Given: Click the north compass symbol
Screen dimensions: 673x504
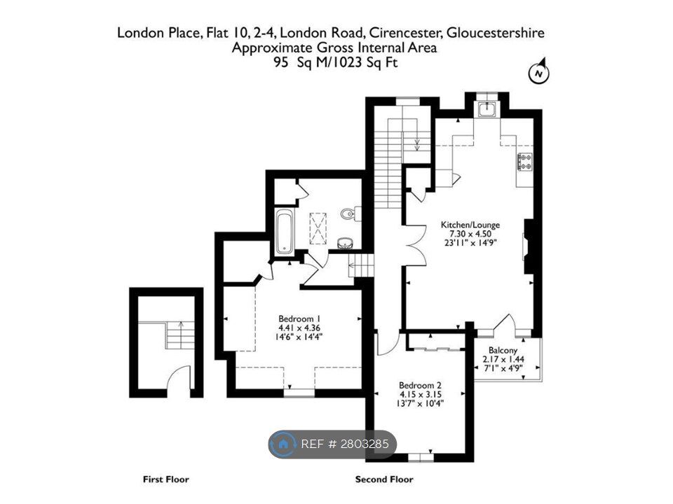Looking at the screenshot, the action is point(539,72).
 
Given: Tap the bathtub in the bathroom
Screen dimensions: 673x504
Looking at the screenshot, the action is point(285,232).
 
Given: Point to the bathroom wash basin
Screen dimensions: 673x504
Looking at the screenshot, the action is point(345,244).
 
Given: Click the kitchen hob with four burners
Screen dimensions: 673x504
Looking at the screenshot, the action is point(525,162).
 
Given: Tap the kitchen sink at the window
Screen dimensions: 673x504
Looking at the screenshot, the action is point(487,109).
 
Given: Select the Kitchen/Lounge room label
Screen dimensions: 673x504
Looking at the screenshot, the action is point(470,225).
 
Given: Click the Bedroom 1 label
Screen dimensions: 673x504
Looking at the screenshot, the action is point(299,319).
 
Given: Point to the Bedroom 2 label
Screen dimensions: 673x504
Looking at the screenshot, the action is point(420,385).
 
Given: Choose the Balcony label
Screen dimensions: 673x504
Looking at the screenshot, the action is point(503,350).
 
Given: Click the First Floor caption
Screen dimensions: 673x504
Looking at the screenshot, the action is point(165,479).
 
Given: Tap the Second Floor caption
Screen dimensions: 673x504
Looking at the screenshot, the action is point(384,479).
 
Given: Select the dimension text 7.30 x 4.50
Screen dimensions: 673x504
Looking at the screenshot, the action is point(470,234).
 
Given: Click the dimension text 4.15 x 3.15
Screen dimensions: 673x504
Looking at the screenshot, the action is point(420,394).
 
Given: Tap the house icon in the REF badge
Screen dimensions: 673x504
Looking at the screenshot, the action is point(283,444).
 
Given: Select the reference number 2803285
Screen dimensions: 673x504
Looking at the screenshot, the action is point(365,444).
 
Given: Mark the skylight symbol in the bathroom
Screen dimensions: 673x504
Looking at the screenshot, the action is point(318,228).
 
